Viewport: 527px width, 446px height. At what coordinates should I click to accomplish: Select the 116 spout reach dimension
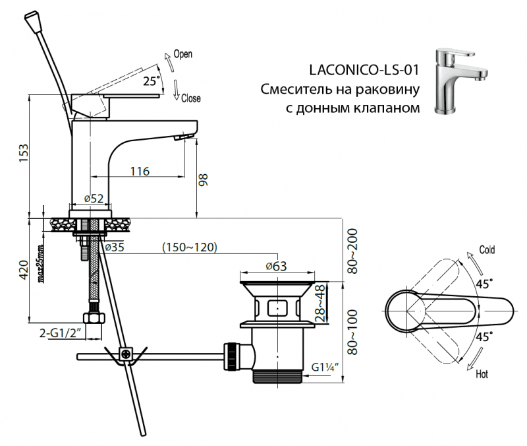tap(139, 171)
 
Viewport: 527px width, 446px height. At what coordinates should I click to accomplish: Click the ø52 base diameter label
tap(95, 199)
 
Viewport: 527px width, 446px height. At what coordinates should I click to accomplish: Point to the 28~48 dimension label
tap(321, 303)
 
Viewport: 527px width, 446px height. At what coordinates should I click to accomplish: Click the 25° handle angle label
tap(152, 81)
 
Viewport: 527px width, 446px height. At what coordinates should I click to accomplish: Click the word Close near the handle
tap(190, 99)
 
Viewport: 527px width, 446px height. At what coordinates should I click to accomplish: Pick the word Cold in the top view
tap(487, 250)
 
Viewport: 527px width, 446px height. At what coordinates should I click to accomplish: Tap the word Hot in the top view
tap(482, 374)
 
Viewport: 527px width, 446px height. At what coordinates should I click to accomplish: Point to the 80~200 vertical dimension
tap(354, 251)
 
